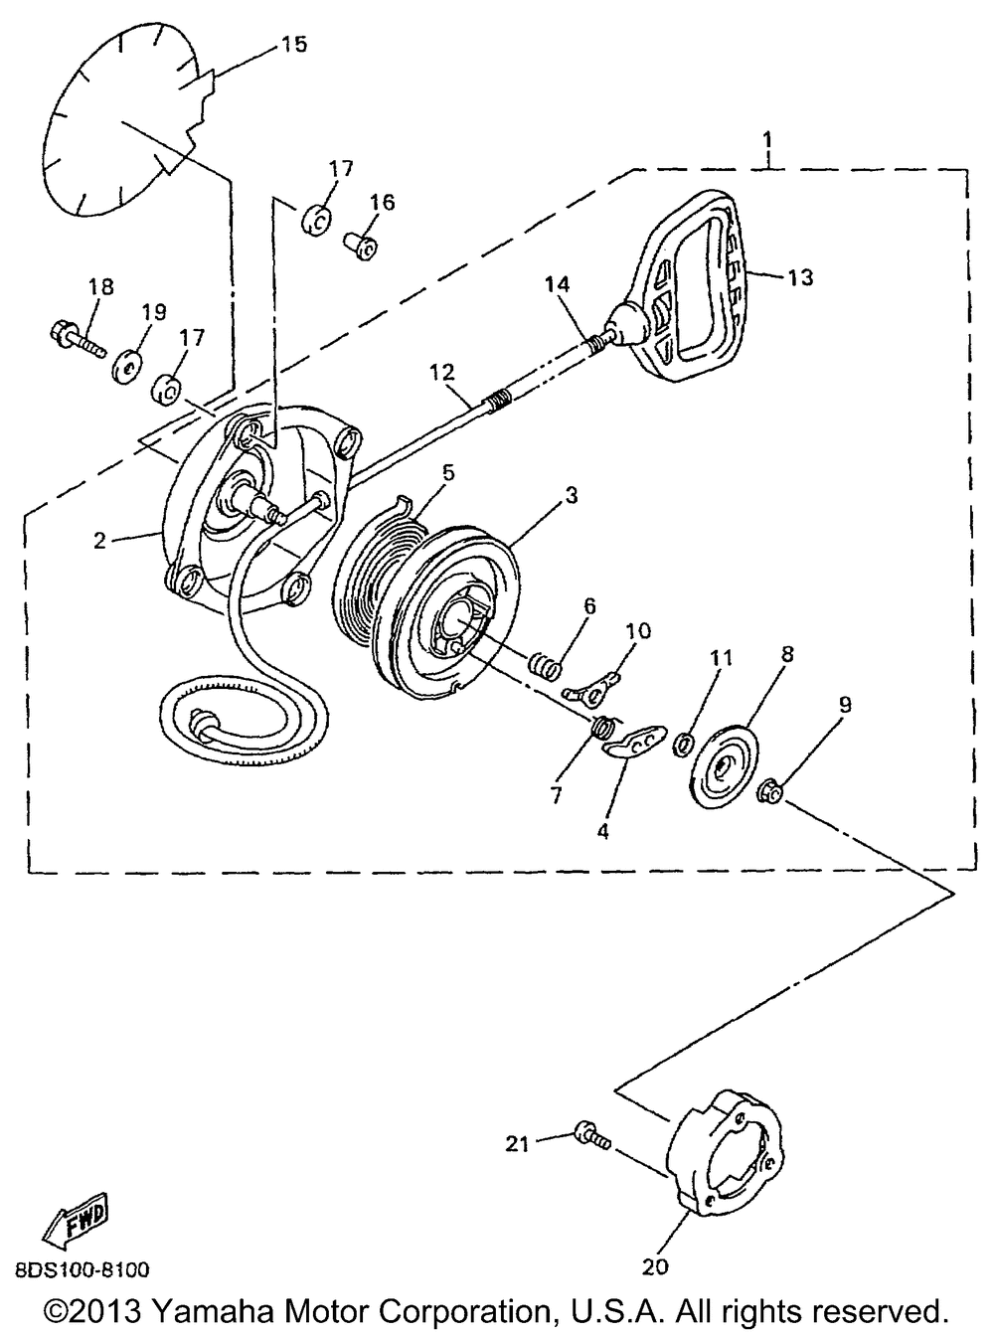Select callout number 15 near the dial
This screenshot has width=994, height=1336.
pos(293,44)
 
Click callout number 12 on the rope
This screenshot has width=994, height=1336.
pos(441,374)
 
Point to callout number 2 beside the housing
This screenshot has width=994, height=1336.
pos(99,541)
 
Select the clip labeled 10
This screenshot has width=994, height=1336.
pos(593,684)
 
